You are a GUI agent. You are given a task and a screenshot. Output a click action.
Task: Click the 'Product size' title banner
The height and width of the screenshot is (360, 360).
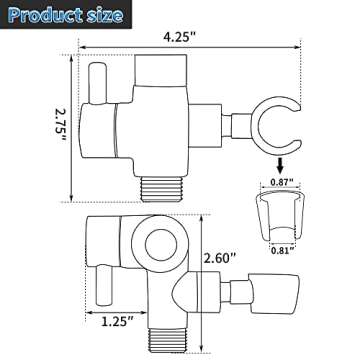65,17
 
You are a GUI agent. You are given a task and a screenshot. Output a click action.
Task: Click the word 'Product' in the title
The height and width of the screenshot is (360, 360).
45,17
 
